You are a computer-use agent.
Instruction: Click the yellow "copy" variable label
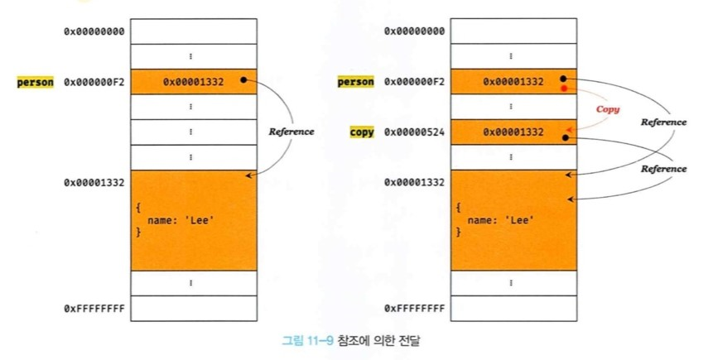coord(361,132)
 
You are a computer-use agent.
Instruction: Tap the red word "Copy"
coord(608,109)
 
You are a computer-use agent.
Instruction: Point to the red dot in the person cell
coord(564,88)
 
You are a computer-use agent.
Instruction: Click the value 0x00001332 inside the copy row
coord(514,132)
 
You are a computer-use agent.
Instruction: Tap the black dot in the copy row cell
coord(565,138)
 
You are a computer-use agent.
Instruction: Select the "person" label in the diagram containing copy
coord(356,82)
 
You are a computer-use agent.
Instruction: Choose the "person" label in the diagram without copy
coord(36,82)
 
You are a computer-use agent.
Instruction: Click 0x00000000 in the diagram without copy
coord(94,31)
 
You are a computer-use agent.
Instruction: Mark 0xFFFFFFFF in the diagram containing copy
coord(414,308)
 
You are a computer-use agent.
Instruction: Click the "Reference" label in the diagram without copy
coord(292,132)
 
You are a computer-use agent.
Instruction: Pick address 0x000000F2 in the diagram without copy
coord(94,82)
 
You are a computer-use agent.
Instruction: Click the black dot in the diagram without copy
coord(243,80)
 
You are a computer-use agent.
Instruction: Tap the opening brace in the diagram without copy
coord(138,207)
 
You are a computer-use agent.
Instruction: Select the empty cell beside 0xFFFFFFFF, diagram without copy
coord(191,308)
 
